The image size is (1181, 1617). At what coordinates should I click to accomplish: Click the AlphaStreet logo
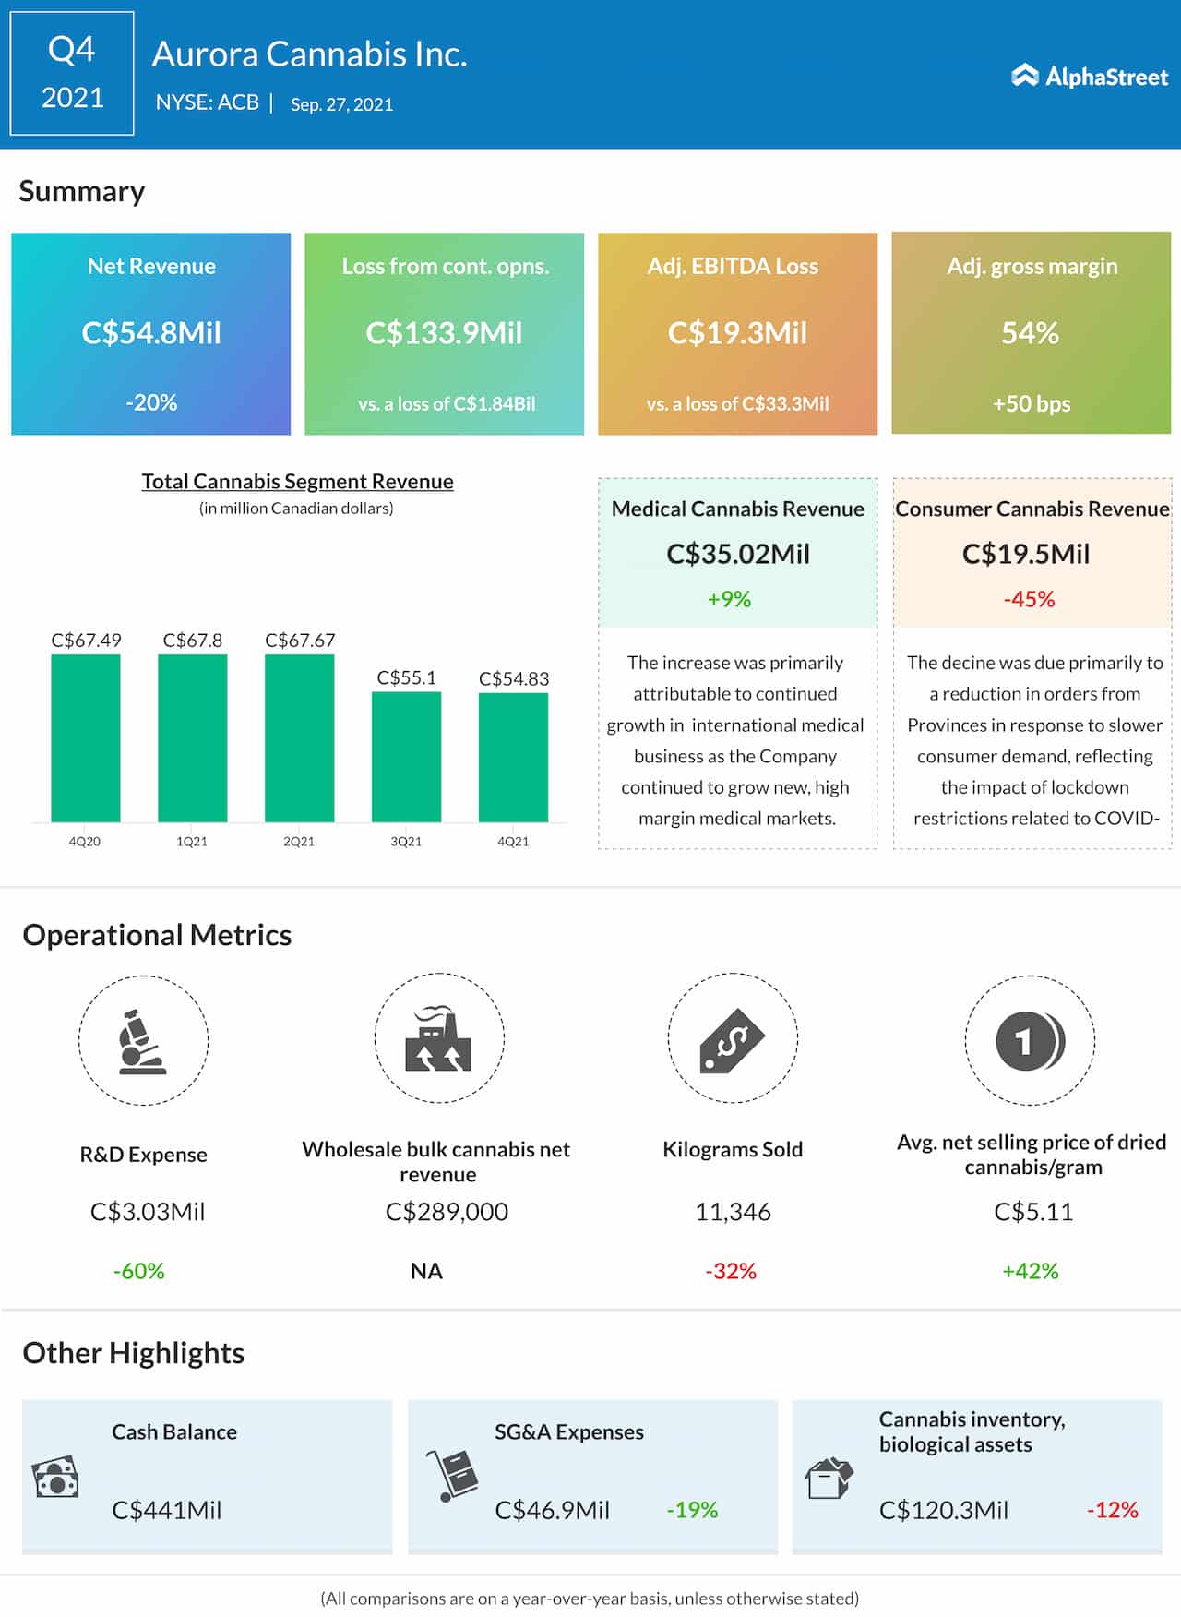[x=1090, y=76]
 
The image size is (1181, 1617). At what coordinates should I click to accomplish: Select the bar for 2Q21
[x=299, y=737]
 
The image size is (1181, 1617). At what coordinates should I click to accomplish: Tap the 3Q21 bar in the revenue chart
[x=406, y=756]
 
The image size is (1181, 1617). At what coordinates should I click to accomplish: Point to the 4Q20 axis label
[x=85, y=841]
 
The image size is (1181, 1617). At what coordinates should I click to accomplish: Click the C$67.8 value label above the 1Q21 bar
[x=192, y=640]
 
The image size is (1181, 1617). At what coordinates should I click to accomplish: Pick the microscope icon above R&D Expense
[x=142, y=1041]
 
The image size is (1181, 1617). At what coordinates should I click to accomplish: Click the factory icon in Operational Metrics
[x=438, y=1039]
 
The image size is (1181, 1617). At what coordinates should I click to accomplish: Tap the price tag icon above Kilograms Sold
[x=732, y=1039]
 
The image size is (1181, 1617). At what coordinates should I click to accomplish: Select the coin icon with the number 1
[x=1030, y=1041]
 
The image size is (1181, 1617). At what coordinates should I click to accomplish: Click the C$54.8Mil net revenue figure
[x=151, y=332]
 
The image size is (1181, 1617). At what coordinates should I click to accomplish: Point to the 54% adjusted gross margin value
[x=1030, y=332]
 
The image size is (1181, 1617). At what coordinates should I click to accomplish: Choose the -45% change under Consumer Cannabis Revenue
[x=1029, y=599]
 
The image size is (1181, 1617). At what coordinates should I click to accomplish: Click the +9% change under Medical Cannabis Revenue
[x=729, y=599]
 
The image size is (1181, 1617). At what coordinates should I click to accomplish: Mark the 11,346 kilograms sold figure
[x=733, y=1211]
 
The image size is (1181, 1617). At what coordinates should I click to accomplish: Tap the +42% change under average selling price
[x=1030, y=1271]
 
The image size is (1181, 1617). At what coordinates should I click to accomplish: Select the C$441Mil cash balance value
[x=167, y=1510]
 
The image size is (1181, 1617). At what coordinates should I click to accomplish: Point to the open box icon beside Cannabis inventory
[x=829, y=1478]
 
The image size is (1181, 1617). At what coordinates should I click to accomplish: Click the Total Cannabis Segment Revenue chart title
[x=297, y=481]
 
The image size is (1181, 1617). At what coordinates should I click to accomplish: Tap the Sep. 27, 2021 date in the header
[x=341, y=104]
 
